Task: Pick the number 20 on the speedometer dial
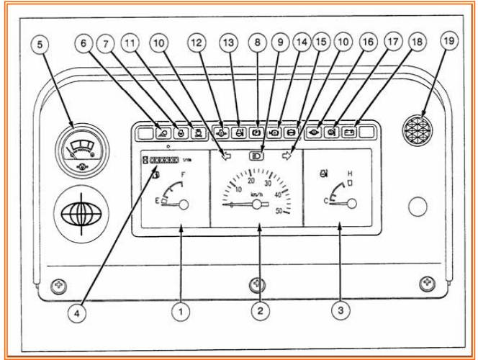[x=251, y=180]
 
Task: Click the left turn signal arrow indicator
[x=227, y=154]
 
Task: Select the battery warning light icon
[x=349, y=132]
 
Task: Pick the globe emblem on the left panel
[x=81, y=214]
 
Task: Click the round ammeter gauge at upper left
[x=80, y=151]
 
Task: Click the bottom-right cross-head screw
[x=428, y=282]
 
